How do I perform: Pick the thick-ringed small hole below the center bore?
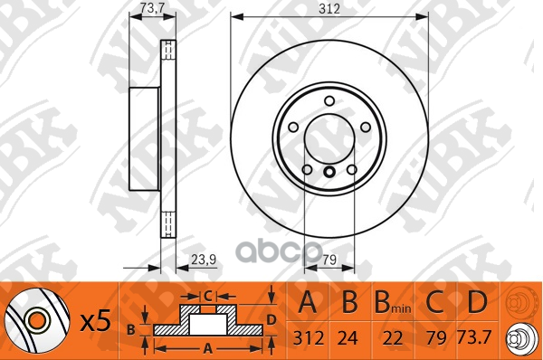(329, 173)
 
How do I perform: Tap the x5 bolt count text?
(95, 321)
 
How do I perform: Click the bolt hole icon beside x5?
(37, 319)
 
